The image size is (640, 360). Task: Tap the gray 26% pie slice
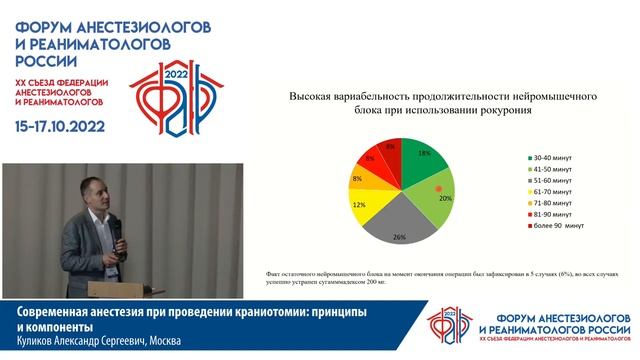397,225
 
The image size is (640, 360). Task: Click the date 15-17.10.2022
69,128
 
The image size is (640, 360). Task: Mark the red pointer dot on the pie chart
436,187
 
